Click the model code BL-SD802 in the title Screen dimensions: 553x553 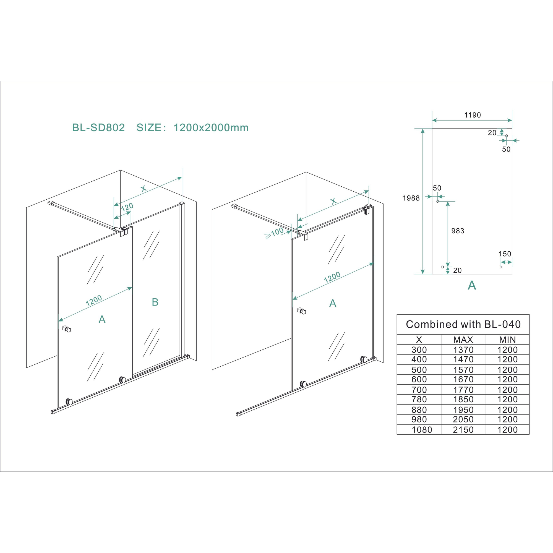coord(98,128)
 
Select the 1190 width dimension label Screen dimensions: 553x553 coord(472,115)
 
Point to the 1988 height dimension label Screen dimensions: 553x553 coord(411,198)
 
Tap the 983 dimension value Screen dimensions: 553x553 coord(458,231)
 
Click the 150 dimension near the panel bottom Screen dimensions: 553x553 coord(505,254)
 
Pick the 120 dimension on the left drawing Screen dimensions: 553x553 coord(127,207)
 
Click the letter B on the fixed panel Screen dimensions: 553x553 coord(155,302)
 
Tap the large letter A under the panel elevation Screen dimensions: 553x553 coord(472,285)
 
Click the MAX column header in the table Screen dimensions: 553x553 coord(463,340)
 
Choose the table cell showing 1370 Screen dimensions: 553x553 coord(463,350)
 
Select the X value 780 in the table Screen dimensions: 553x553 coord(419,399)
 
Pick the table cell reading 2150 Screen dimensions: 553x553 coord(463,430)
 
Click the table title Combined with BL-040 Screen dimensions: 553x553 coord(463,324)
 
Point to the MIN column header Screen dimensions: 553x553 coord(507,340)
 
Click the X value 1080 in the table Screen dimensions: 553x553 coord(422,430)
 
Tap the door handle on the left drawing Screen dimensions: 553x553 coord(66,329)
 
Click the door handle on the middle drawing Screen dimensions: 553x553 coord(301,311)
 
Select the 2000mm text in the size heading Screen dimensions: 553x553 coord(227,128)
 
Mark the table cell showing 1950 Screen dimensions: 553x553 coord(463,410)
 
